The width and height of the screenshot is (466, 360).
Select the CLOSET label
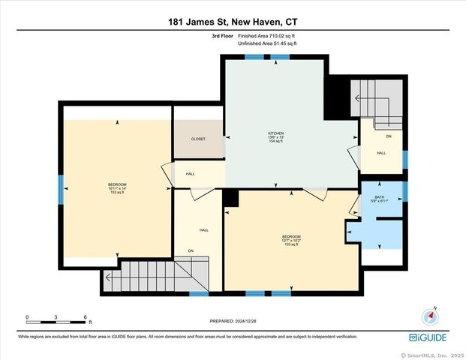198,139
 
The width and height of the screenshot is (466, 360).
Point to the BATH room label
380,198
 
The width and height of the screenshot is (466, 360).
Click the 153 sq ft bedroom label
116,188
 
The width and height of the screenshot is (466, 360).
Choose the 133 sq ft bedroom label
291,240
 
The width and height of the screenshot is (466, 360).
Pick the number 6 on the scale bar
86,316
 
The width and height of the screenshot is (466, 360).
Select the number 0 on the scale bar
27,316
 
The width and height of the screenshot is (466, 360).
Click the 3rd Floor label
221,35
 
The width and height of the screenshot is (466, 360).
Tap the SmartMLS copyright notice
433,355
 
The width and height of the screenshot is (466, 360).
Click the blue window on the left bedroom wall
61,189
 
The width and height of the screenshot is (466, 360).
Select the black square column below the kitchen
231,197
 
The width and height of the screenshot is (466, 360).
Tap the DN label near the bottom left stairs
191,250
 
